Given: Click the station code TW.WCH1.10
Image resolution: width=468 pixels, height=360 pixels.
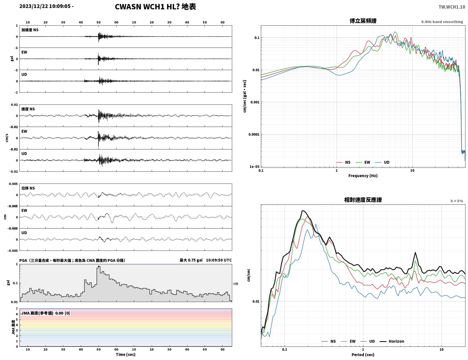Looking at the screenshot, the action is point(452,7).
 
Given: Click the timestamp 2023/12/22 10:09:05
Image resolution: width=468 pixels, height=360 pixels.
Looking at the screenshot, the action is point(45,6).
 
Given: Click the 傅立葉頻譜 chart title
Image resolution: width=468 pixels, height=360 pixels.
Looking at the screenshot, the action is point(363,21).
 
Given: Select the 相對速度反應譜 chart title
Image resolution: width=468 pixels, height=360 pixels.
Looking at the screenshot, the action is point(363,200).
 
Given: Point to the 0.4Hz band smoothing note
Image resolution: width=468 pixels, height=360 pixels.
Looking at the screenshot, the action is point(442,22).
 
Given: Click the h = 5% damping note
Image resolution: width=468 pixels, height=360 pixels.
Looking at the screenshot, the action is point(456,201).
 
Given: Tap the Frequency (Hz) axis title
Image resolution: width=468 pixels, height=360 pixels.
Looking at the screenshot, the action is point(363,176).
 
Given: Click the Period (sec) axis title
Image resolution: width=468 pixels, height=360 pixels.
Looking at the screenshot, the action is point(363,355).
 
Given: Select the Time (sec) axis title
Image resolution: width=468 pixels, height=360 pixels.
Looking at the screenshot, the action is point(126,354).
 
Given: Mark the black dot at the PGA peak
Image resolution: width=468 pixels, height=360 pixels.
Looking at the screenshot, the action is point(99,266).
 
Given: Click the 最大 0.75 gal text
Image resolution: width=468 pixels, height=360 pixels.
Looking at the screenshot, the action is point(191,260).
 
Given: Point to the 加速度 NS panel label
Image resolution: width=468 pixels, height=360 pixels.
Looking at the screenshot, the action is point(30,30).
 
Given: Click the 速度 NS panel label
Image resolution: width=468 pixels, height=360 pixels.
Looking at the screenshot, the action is point(28,109).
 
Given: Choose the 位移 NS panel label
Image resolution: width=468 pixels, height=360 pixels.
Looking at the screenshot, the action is point(28,188).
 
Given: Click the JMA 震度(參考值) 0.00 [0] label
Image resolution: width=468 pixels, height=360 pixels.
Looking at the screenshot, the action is point(45,313).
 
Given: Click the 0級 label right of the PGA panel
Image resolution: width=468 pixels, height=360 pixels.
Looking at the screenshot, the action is point(236,284).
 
